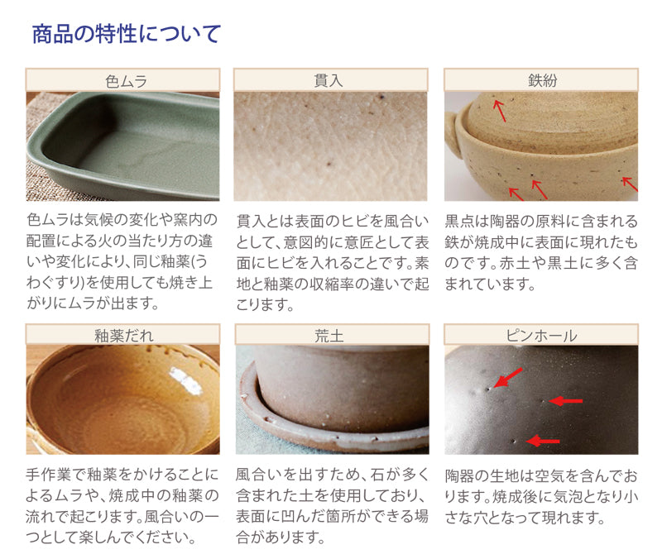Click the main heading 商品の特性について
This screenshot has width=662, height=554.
(x=126, y=34)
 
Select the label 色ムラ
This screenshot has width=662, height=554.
(x=122, y=80)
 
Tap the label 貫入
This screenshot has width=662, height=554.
(x=331, y=80)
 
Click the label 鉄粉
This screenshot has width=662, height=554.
(x=541, y=80)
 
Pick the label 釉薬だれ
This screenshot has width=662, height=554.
(x=122, y=335)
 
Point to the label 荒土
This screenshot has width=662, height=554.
(x=331, y=335)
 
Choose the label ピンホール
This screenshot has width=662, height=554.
(x=541, y=335)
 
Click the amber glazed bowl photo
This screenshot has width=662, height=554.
(x=122, y=400)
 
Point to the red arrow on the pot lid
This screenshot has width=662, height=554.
(x=499, y=108)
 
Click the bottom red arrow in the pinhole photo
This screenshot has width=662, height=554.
(x=543, y=442)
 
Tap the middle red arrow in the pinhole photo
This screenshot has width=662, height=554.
(x=567, y=401)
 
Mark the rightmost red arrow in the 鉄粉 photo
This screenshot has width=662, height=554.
(x=630, y=184)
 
